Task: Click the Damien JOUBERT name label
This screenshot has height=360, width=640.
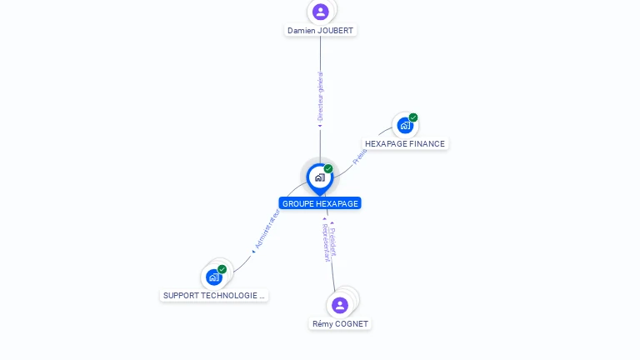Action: (x=320, y=31)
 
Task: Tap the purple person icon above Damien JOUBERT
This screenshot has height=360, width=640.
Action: (x=321, y=12)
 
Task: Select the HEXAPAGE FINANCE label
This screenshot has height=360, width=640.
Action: (x=405, y=143)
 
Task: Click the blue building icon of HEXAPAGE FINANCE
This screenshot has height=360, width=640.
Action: (x=405, y=126)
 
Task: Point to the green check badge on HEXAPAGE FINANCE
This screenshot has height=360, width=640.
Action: (x=413, y=117)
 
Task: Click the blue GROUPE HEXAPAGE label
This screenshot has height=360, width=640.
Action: (x=320, y=203)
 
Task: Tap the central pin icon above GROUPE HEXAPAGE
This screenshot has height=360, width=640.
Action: (x=319, y=177)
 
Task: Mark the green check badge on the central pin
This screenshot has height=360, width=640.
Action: (x=328, y=169)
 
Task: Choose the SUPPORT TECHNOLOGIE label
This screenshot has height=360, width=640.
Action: (x=214, y=295)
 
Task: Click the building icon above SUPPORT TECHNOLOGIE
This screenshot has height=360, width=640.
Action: (x=214, y=277)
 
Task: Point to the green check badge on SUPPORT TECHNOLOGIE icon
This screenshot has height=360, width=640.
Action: (x=222, y=269)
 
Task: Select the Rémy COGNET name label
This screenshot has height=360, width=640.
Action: (x=340, y=323)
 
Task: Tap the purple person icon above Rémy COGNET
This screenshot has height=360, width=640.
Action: (x=339, y=305)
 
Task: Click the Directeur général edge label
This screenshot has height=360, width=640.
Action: (x=320, y=97)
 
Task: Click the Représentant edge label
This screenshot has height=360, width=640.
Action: (x=326, y=242)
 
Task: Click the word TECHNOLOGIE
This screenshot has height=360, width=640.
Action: (x=232, y=295)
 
